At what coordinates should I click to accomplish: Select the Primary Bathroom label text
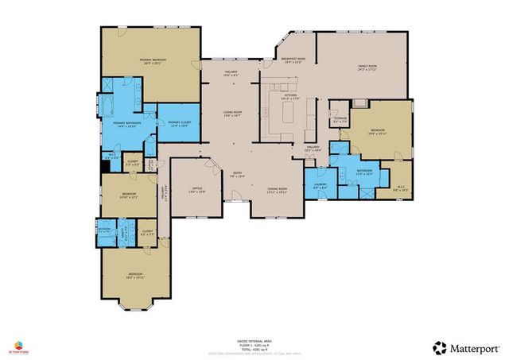tap(126, 124)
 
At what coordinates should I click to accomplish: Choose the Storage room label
tap(340, 120)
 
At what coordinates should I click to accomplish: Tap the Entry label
tap(237, 175)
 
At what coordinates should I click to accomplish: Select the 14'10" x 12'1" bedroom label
tap(129, 195)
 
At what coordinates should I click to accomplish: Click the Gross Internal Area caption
tap(254, 339)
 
